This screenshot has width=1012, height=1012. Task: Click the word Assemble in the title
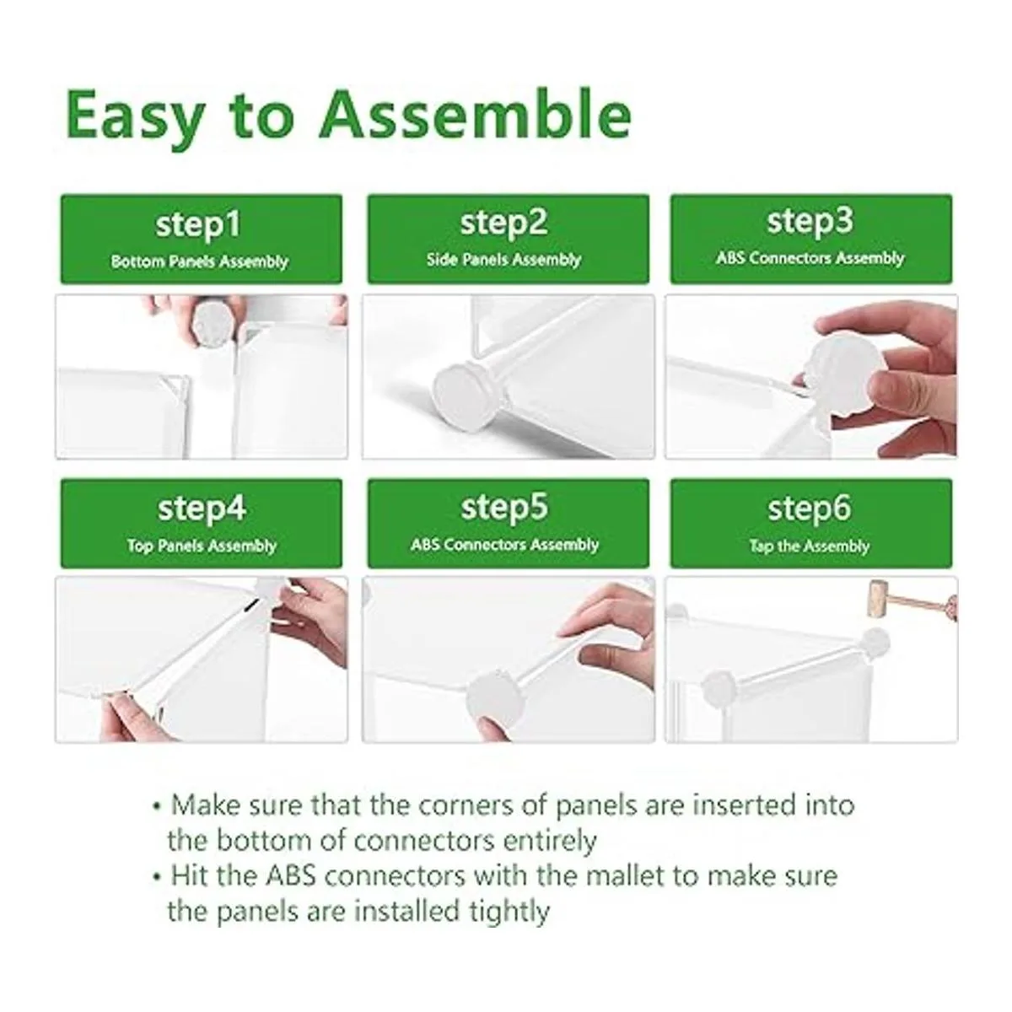[x=476, y=114]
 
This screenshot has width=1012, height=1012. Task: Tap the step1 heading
[x=198, y=226]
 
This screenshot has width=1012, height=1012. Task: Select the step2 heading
[x=503, y=223]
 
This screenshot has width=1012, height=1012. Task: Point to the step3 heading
[x=810, y=222]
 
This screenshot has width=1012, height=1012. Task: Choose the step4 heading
[x=202, y=509]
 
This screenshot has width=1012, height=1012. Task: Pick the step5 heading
[x=504, y=509]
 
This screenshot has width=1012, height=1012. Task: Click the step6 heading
[x=810, y=509]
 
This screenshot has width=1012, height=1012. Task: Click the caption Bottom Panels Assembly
[x=200, y=262]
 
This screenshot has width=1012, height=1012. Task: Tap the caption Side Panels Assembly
[x=503, y=260]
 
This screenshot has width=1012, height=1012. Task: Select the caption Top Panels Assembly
[x=202, y=546]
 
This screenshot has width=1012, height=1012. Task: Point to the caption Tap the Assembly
[x=810, y=546]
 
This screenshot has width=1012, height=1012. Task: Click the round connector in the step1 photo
[x=213, y=321]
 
